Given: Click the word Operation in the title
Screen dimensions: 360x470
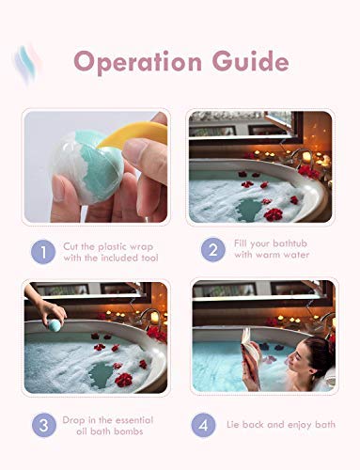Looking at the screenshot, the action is click(x=138, y=62).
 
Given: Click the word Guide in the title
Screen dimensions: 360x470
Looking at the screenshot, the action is click(x=250, y=61).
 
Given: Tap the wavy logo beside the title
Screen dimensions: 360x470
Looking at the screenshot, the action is click(x=27, y=64).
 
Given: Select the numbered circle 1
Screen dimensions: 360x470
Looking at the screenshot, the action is click(x=43, y=252).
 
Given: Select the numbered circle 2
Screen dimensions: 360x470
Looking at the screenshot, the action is click(x=213, y=250).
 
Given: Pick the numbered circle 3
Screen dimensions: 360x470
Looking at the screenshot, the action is click(x=44, y=425).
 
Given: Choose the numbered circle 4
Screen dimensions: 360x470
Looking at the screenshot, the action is click(x=203, y=425).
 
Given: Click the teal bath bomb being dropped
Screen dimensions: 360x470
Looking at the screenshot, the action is click(x=55, y=325).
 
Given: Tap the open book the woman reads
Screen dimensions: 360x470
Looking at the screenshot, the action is click(x=250, y=354).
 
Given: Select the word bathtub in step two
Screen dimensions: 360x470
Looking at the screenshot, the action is click(x=290, y=243).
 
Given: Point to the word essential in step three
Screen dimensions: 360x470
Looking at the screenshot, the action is click(x=133, y=420).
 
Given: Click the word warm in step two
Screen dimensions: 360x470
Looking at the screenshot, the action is click(x=268, y=255).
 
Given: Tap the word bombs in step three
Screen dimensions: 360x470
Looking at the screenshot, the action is click(x=128, y=431).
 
